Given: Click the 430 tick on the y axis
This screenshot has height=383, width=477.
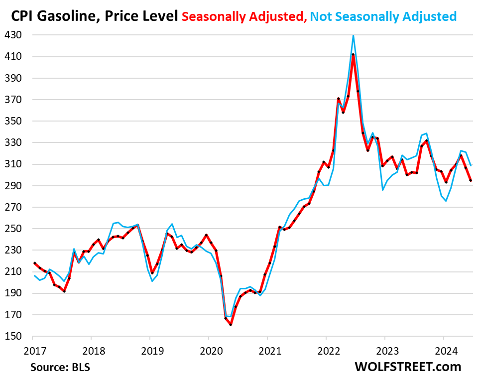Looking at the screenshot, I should click(15, 35).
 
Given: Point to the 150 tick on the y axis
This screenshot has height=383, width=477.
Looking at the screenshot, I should click(15, 336).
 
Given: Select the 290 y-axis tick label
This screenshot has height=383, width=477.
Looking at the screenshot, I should click(15, 186).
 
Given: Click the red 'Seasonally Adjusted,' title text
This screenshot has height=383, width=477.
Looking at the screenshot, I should click(244, 16).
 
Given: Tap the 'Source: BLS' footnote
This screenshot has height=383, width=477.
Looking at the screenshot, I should click(57, 368).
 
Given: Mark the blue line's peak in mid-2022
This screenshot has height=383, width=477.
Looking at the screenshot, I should click(353, 35).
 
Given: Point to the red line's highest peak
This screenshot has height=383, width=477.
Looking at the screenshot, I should click(353, 54).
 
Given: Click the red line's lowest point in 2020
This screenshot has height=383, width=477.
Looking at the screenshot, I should click(231, 325).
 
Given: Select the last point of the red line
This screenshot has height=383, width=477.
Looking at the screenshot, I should click(471, 181).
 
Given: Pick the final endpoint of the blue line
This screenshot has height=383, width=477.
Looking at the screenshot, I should click(471, 165).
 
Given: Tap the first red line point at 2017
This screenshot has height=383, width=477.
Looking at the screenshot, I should click(34, 263).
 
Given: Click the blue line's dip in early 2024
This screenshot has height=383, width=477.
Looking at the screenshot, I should click(446, 201).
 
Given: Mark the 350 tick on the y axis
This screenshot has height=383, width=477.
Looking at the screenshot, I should click(15, 122).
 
